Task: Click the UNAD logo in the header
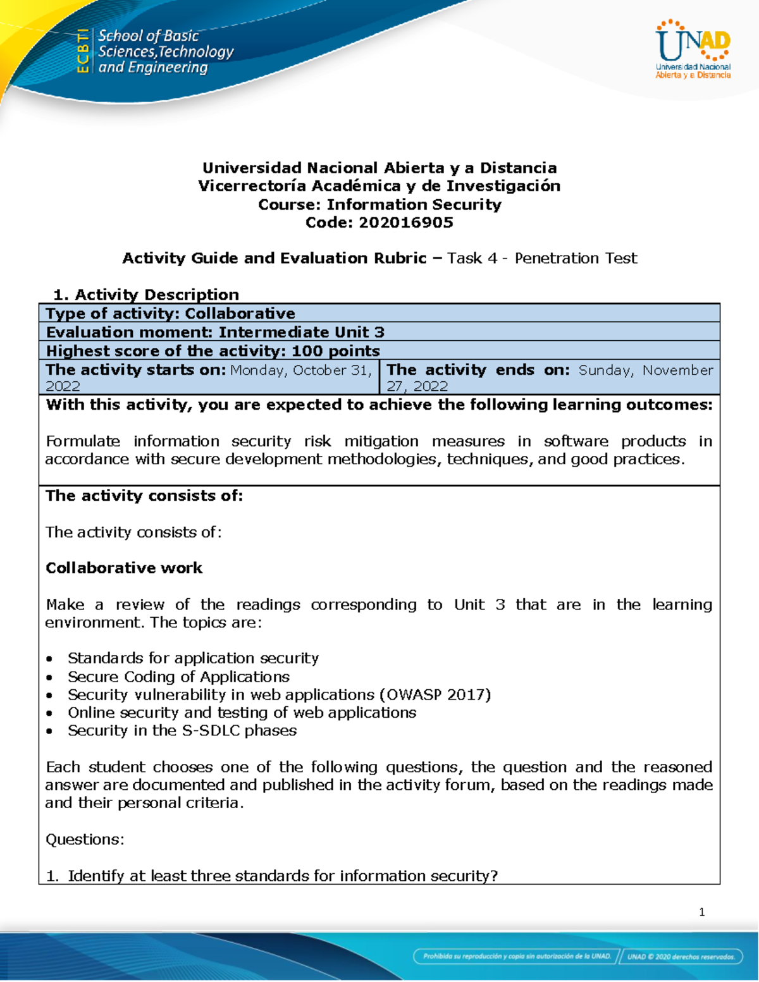pyautogui.click(x=693, y=49)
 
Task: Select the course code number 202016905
pyautogui.click(x=405, y=223)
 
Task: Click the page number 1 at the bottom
pyautogui.click(x=701, y=912)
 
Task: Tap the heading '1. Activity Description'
pyautogui.click(x=146, y=295)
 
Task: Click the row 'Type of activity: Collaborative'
pyautogui.click(x=171, y=314)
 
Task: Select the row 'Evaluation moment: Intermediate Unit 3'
pyautogui.click(x=215, y=333)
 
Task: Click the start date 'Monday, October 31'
pyautogui.click(x=300, y=370)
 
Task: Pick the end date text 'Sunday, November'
pyautogui.click(x=646, y=370)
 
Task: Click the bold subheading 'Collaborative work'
pyautogui.click(x=124, y=568)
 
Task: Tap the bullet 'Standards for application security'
pyautogui.click(x=193, y=658)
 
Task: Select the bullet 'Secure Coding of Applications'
pyautogui.click(x=178, y=677)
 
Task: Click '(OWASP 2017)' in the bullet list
pyautogui.click(x=435, y=694)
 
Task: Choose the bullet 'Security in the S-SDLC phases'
pyautogui.click(x=182, y=730)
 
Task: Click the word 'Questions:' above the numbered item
pyautogui.click(x=85, y=839)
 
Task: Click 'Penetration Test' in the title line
pyautogui.click(x=576, y=258)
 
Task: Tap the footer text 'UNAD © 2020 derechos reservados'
pyautogui.click(x=681, y=957)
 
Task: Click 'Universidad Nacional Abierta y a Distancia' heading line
pyautogui.click(x=379, y=168)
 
